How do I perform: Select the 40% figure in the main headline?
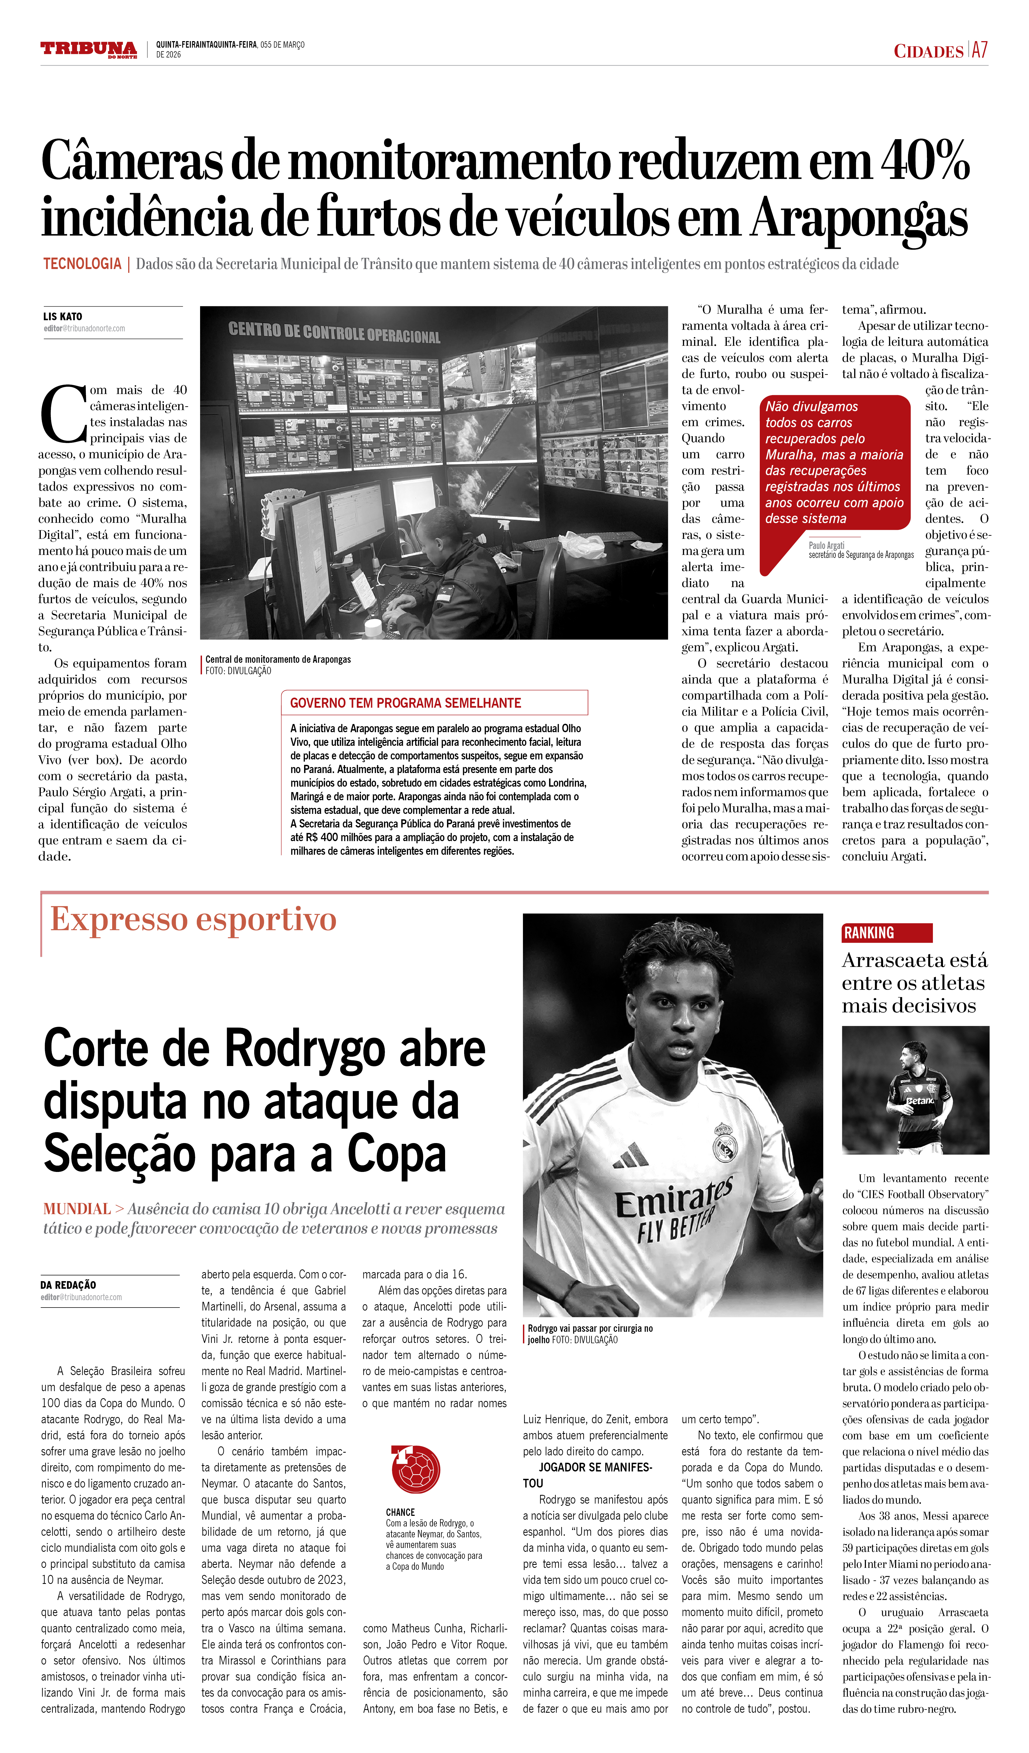coord(925,161)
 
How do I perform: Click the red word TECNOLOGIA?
coord(82,264)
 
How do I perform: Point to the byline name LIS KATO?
coord(63,316)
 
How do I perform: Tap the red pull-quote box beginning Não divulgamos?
coord(834,463)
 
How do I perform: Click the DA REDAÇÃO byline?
coord(68,1285)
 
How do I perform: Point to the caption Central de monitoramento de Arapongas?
coord(278,659)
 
